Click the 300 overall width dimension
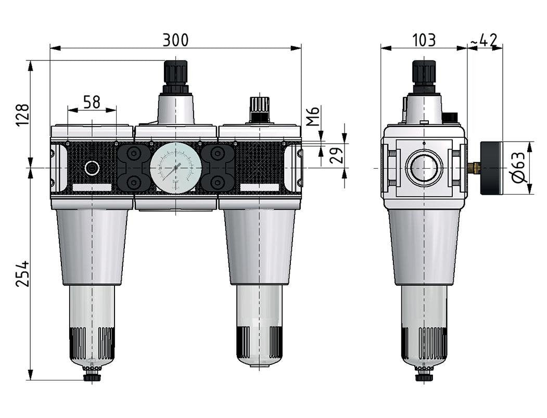[x=175, y=40]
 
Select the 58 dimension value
[x=92, y=102]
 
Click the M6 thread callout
[x=312, y=117]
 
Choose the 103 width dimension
[x=424, y=40]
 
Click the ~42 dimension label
[x=484, y=40]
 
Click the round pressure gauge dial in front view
[x=175, y=168]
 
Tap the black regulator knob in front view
[x=175, y=73]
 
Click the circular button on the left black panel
[x=92, y=168]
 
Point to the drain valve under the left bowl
[x=92, y=375]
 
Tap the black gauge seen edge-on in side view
[x=491, y=168]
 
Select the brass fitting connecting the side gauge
[x=473, y=168]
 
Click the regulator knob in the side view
[x=424, y=73]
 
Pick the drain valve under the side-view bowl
[x=424, y=375]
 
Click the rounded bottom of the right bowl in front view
[x=259, y=359]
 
